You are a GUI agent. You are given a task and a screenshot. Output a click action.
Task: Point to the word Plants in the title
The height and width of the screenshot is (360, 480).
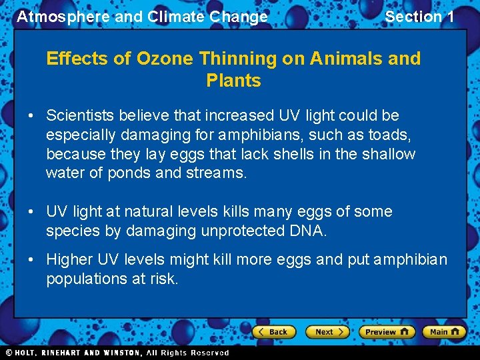tap(233, 81)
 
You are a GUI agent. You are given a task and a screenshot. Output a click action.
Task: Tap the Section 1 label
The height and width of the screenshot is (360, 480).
tap(419, 17)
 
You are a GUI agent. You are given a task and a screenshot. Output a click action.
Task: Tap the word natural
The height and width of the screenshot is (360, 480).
tap(153, 212)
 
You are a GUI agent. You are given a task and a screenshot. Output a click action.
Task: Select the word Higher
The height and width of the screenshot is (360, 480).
tap(69, 259)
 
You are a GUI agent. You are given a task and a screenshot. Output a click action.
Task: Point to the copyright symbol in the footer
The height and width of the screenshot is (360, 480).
tap(9, 353)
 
